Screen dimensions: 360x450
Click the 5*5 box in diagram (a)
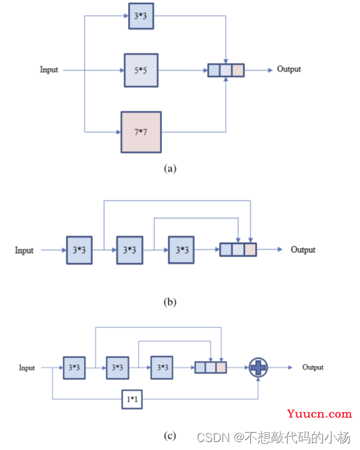[141, 70]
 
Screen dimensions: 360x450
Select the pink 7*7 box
[141, 132]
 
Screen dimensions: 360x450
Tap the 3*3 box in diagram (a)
[141, 16]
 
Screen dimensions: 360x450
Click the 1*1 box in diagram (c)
[132, 399]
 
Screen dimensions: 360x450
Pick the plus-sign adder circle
[258, 367]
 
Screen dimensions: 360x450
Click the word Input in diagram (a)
[49, 70]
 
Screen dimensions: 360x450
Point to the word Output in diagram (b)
[303, 250]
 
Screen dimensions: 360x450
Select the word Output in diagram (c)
[313, 367]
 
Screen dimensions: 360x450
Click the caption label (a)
[170, 168]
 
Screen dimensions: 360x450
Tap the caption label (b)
[170, 302]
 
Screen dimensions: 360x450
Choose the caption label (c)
[170, 435]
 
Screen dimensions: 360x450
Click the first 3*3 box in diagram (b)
[79, 250]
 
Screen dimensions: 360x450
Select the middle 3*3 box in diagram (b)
[130, 250]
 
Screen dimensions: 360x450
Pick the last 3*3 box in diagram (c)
[162, 368]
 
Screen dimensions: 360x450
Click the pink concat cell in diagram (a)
[238, 70]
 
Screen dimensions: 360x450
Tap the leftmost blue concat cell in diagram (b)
[226, 250]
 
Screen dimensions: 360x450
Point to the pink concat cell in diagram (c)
[221, 367]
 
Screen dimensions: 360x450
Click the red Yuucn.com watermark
[319, 414]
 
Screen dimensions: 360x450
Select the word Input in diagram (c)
[27, 368]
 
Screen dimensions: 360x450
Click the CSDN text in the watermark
[213, 437]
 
